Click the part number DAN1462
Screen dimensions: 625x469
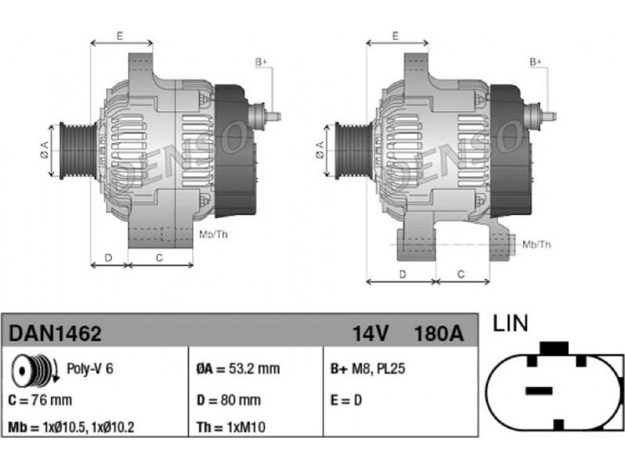pyautogui.click(x=55, y=334)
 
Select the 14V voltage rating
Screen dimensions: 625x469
pyautogui.click(x=370, y=334)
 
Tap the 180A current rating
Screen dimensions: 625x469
pyautogui.click(x=439, y=334)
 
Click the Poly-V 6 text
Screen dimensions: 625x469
pyautogui.click(x=90, y=368)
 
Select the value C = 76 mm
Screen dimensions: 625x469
pyautogui.click(x=40, y=400)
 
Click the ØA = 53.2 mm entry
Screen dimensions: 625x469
pyautogui.click(x=238, y=369)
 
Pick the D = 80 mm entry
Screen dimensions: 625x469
pyautogui.click(x=229, y=400)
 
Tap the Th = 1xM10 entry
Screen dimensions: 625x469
pyautogui.click(x=230, y=427)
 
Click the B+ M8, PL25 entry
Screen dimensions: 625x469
pyautogui.click(x=367, y=369)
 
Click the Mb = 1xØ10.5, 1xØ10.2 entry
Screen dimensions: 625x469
pyautogui.click(x=71, y=427)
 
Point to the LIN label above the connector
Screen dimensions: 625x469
pyautogui.click(x=510, y=323)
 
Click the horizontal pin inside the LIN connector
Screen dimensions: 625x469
pyautogui.click(x=539, y=390)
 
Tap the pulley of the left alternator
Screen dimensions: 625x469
pyautogui.click(x=78, y=150)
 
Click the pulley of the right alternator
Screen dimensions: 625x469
pyautogui.click(x=353, y=150)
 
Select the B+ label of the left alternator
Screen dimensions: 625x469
pyautogui.click(x=261, y=63)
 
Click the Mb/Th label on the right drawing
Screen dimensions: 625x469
pyautogui.click(x=537, y=245)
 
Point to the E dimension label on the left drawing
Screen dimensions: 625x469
pyautogui.click(x=120, y=35)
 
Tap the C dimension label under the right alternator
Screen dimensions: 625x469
pyautogui.click(x=461, y=274)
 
